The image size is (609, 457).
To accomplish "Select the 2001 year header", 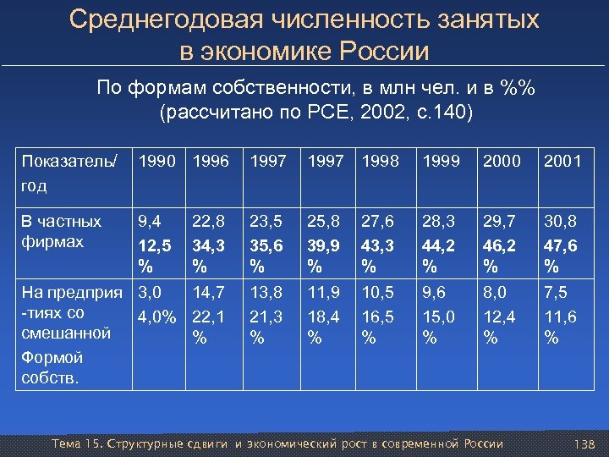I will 562,159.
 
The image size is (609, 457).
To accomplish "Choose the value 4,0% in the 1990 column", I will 158,317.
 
